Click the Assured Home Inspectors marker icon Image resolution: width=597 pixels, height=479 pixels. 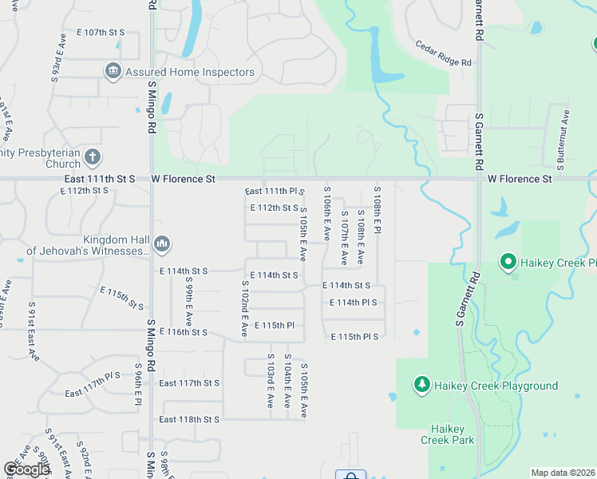point(113,72)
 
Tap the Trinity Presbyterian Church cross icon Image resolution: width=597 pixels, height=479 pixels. point(93,156)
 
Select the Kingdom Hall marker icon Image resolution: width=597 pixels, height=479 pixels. point(161,243)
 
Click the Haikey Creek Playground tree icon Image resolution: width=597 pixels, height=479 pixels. point(421,386)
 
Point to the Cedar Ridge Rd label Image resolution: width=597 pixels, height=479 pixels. point(443,53)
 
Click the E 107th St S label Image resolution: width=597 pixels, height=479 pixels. point(101,32)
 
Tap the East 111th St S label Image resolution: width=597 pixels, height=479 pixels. point(102,180)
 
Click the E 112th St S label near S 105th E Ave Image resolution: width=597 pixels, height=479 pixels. point(274,208)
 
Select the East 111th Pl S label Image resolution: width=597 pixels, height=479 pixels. point(275,192)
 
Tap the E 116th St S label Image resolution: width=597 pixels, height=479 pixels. point(184,331)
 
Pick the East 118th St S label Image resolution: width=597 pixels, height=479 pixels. point(189,419)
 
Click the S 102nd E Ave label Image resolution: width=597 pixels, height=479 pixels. point(244,308)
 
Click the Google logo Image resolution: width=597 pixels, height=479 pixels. point(27,469)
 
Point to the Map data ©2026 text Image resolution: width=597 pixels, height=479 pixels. point(563,473)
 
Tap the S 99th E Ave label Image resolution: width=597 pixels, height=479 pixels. point(191,288)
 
